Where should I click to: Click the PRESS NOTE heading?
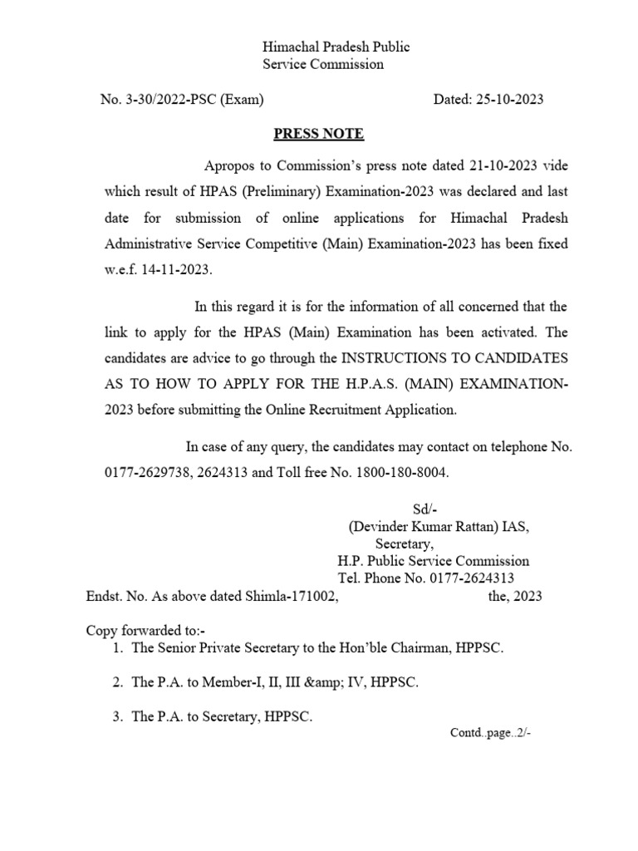click(x=319, y=134)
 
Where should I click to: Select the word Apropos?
click(x=227, y=165)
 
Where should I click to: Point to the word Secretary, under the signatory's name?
click(x=404, y=544)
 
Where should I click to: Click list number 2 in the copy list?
click(x=118, y=682)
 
